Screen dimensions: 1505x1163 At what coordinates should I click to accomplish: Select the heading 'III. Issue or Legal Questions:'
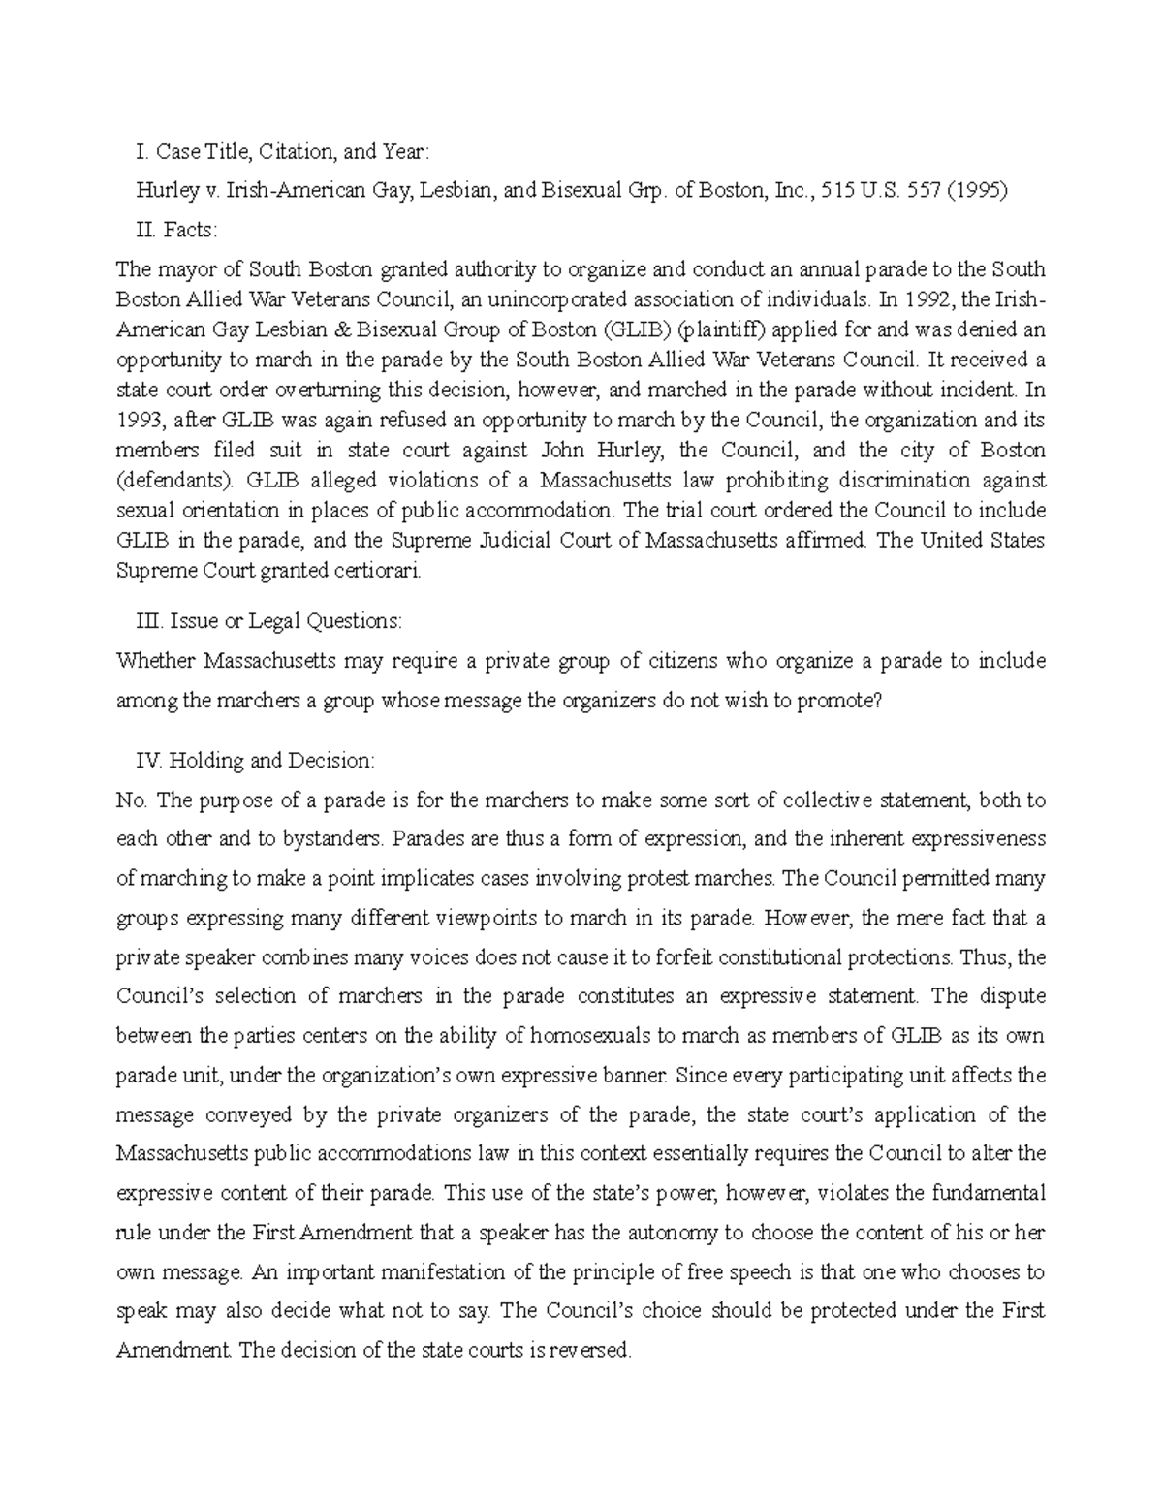tap(270, 620)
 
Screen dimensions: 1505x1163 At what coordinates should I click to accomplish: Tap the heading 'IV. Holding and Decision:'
tap(257, 760)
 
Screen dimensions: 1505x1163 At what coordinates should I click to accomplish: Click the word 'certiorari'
tap(380, 571)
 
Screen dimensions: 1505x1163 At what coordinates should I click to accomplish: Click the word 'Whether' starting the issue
tap(156, 661)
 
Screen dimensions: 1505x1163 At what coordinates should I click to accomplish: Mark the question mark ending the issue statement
tap(878, 701)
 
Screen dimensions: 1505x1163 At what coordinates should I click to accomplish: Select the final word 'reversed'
tap(591, 1350)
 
